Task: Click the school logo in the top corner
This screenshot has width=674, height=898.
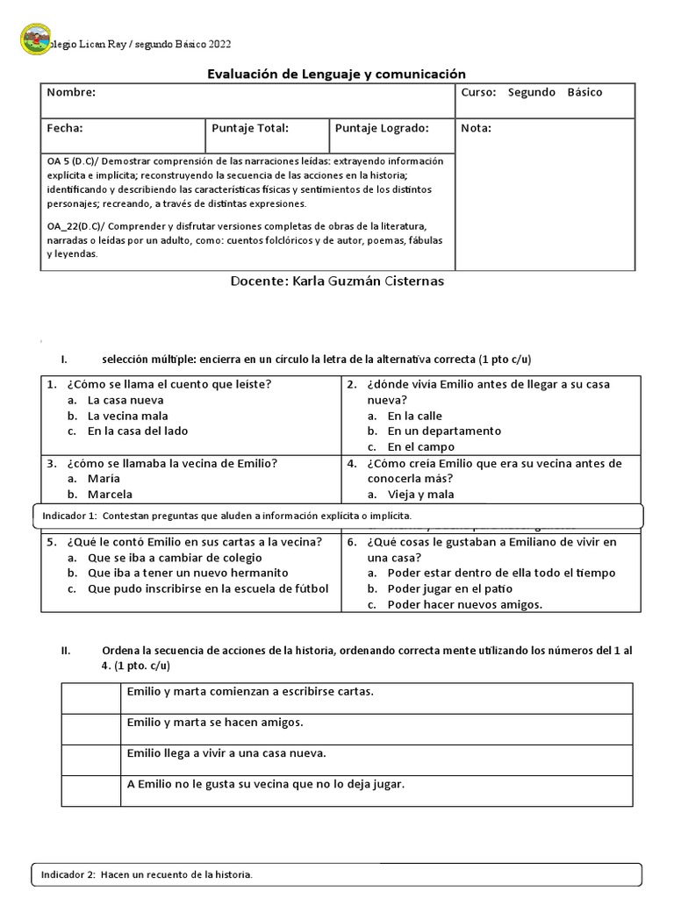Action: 35,39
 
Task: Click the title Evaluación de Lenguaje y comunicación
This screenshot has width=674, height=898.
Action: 336,75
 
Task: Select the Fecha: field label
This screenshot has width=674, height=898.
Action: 65,128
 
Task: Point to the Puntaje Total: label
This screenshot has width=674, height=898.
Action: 250,128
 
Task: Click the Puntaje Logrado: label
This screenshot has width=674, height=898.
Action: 380,128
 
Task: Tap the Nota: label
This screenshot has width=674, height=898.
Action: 476,128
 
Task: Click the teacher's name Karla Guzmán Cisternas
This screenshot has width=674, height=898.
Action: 337,282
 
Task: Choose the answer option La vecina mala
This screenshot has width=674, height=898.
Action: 128,416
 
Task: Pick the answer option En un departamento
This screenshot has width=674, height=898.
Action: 444,431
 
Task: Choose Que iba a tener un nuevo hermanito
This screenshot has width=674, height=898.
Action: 188,573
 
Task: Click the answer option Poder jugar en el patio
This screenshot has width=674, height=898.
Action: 449,588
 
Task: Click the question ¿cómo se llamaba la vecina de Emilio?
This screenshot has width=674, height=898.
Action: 162,463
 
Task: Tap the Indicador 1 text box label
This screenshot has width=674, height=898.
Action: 226,517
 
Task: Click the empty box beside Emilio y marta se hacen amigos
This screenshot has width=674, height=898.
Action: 90,729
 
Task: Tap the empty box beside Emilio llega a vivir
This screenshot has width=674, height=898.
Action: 90,759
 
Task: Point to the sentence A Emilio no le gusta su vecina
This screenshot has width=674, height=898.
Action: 266,784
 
